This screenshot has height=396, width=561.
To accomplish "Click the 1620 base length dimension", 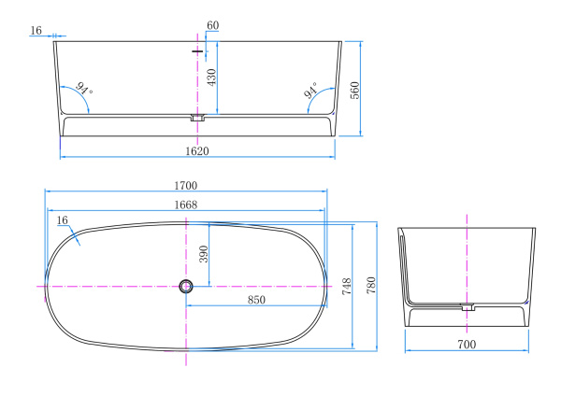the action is [197, 151].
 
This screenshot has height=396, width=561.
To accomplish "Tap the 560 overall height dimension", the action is [354, 91].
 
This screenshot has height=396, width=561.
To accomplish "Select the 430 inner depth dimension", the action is [211, 78].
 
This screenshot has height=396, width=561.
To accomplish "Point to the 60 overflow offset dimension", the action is [213, 25].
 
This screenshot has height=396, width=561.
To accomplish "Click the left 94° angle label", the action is [84, 89].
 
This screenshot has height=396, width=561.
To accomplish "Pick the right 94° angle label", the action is [310, 90].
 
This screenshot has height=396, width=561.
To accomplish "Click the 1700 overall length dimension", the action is [186, 186].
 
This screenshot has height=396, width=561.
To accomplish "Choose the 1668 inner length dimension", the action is [186, 205].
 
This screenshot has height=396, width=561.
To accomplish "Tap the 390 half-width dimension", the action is [203, 254].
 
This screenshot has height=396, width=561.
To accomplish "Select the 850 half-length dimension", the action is [256, 300].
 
